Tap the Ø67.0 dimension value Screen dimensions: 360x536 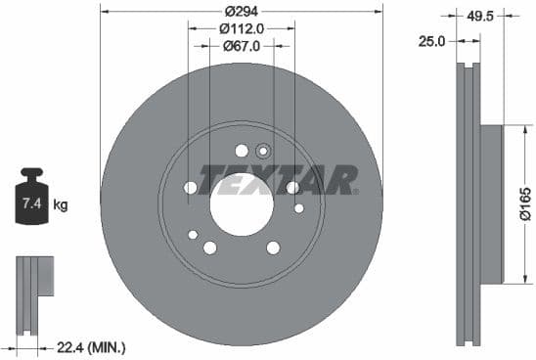(241, 46)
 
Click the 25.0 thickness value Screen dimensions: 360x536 (431, 41)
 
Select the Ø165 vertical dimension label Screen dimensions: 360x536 (525, 204)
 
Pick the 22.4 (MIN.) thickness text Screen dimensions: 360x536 (89, 347)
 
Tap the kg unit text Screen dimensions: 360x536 (61, 204)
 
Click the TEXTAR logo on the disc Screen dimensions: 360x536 (279, 180)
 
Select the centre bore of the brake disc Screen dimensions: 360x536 (241, 204)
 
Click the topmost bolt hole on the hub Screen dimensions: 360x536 (241, 150)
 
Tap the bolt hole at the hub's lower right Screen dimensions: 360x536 (274, 247)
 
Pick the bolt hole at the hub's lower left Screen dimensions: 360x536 (209, 247)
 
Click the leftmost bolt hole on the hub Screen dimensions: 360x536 (190, 187)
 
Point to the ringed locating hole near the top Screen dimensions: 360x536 (262, 151)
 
